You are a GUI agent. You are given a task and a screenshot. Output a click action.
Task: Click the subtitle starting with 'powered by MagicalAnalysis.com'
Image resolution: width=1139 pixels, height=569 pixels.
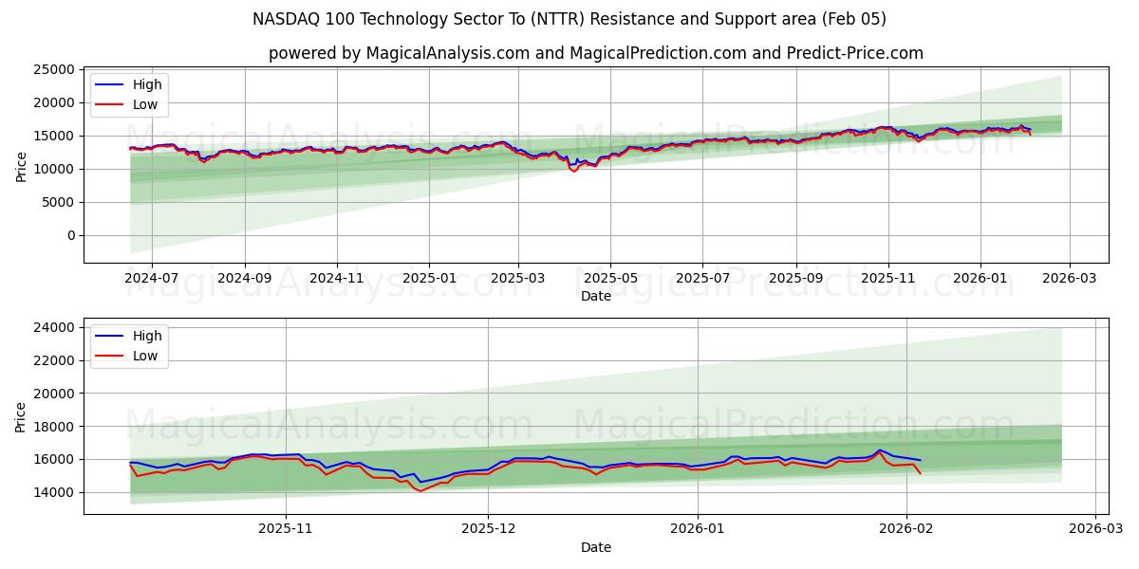[595, 53]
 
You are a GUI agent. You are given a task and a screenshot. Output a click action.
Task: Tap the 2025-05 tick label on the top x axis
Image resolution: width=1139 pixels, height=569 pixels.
[609, 279]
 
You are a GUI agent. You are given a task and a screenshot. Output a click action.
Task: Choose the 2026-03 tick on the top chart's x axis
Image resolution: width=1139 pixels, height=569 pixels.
[1070, 279]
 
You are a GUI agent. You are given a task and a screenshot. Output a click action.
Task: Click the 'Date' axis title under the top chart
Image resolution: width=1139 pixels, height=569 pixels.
[595, 297]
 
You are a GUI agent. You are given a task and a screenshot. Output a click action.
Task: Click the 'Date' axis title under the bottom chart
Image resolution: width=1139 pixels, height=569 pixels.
[595, 547]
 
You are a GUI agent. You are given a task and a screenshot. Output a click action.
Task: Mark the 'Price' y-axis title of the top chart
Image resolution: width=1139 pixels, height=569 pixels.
[22, 166]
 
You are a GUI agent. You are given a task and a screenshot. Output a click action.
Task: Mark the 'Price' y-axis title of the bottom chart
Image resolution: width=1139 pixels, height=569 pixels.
[22, 416]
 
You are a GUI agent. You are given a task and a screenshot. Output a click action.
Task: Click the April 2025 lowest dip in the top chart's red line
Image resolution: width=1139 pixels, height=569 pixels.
[573, 172]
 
